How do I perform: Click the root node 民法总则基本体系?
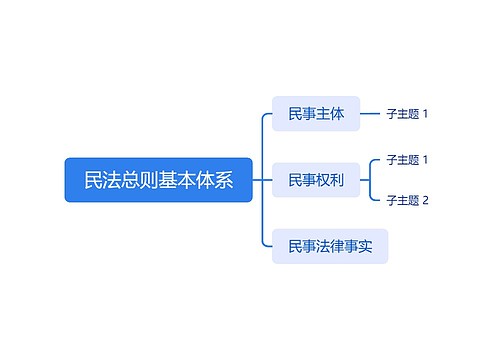[x=158, y=180]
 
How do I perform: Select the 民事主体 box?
[x=315, y=114]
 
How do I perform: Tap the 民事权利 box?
[x=315, y=180]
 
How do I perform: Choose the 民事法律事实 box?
[x=329, y=246]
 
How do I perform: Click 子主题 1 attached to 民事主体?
[x=407, y=114]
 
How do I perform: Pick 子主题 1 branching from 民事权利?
[x=407, y=160]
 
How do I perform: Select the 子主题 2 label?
[x=407, y=200]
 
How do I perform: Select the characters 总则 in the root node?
[x=121, y=180]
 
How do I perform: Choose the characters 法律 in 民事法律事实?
[x=329, y=246]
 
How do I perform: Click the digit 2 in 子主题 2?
[x=425, y=200]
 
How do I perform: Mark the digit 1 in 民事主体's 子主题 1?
[x=425, y=114]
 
